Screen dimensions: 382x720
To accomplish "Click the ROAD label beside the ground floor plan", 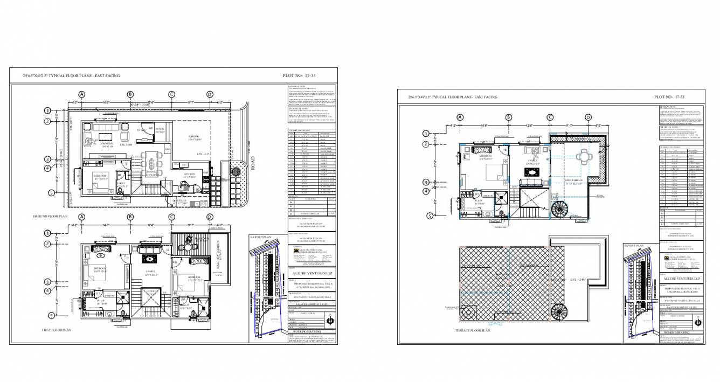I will tap(253, 163).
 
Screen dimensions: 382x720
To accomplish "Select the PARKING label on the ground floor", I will tap(195, 137).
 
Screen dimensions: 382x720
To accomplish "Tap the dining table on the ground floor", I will tap(151, 164).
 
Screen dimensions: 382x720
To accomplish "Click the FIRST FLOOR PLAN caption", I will tap(57, 329).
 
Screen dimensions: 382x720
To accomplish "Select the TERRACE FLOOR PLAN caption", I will tap(473, 330).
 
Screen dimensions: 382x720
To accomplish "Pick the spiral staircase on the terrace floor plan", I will tap(467, 313).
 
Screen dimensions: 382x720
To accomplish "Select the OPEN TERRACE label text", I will tap(573, 180).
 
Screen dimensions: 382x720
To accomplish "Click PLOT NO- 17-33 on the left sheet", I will tap(297, 76).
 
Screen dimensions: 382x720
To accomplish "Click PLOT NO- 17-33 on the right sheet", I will tap(669, 97).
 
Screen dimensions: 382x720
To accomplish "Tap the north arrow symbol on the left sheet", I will tap(330, 323).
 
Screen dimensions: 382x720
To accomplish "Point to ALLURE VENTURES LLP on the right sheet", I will tap(682, 278).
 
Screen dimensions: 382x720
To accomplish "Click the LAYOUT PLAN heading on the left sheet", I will tap(259, 237).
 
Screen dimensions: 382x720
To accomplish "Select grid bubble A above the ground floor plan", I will tap(82, 94).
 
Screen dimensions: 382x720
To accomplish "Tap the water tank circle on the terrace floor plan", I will tap(467, 313).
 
